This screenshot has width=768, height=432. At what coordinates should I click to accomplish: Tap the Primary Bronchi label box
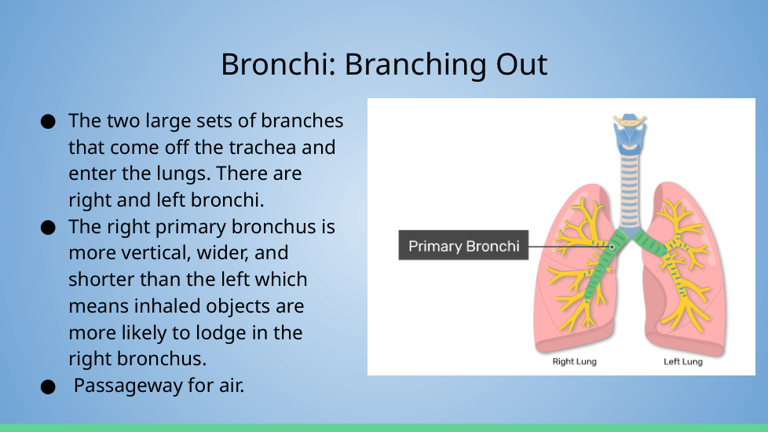point(463,245)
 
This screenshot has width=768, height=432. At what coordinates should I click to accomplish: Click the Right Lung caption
point(575,361)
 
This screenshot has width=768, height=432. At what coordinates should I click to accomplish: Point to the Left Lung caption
point(682,361)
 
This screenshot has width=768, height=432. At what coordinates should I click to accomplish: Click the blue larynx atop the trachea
point(630,134)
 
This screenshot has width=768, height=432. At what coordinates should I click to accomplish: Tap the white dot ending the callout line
point(612,247)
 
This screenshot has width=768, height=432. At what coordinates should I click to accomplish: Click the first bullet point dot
point(48,122)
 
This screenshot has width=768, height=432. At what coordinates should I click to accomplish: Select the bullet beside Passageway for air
point(48,387)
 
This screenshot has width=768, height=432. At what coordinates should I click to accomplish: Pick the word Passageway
point(128,386)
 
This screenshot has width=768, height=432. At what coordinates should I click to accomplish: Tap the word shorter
point(101,279)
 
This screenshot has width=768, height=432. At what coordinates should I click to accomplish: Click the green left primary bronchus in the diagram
point(650,243)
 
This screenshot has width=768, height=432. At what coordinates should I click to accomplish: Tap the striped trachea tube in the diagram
point(629,191)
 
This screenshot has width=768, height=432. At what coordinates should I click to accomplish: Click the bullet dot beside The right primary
point(48,228)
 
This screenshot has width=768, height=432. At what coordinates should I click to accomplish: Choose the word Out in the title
point(521,64)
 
